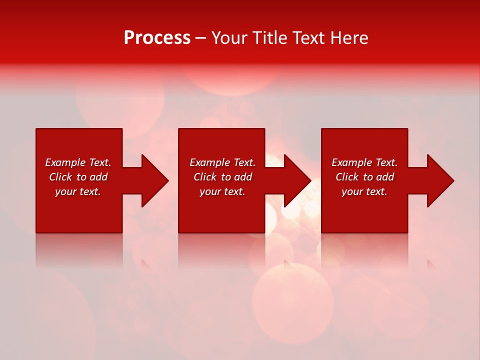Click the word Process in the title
tap(157, 38)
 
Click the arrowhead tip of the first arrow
tap(167, 180)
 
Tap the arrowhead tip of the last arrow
tap(453, 180)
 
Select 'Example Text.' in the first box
tap(78, 162)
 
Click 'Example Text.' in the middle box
tap(222, 162)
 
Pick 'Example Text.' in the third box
tap(364, 162)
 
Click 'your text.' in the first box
tap(78, 191)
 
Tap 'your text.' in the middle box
tap(222, 191)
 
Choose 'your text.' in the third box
tap(364, 191)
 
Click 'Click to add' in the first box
tap(78, 177)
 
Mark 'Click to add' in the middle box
tap(222, 177)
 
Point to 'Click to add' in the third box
tap(364, 177)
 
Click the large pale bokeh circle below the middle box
tap(292, 302)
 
